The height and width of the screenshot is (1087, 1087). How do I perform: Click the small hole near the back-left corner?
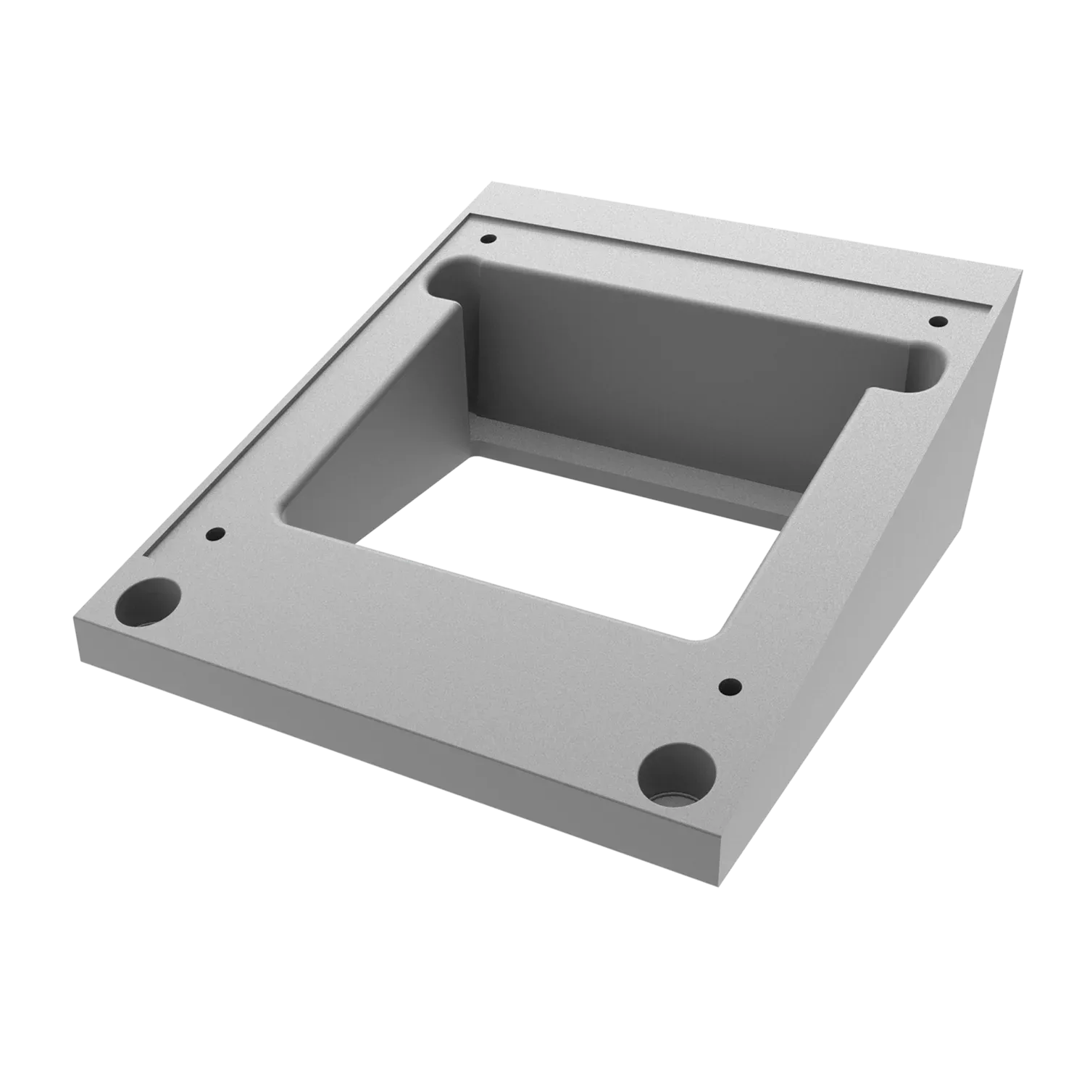pos(488,238)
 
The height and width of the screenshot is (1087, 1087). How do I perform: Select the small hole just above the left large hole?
pos(215,534)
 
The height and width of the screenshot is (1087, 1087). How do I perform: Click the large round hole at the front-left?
pos(149,601)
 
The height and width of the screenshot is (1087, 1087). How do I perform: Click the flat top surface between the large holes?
pos(406,667)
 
